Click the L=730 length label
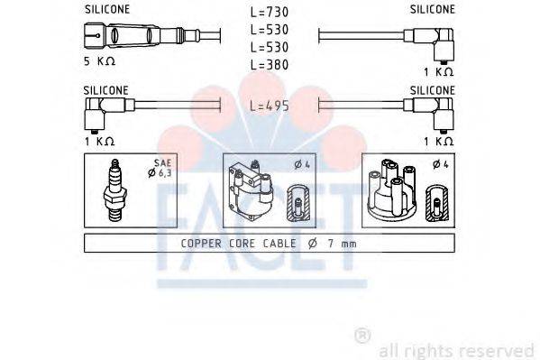click(268, 14)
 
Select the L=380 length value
click(268, 64)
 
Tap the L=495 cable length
click(268, 106)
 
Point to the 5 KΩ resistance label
click(100, 62)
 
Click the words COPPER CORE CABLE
click(235, 244)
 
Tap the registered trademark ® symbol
click(362, 336)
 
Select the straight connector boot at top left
click(113, 35)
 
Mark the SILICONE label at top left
click(106, 8)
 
